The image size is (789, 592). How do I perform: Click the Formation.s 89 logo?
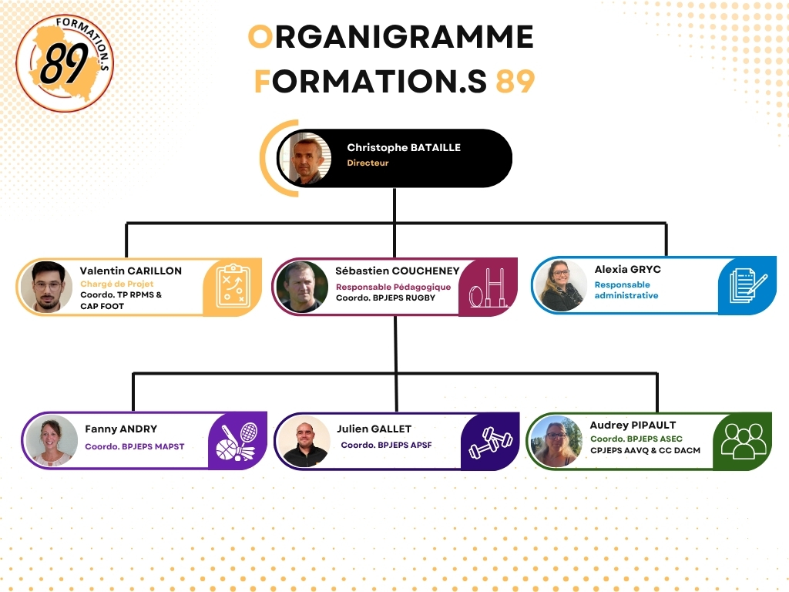(65, 63)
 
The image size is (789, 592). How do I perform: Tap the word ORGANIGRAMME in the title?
(391, 37)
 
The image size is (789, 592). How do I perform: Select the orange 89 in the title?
(515, 81)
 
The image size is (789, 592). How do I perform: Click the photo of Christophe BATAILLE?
(305, 159)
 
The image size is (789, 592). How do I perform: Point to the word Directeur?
(368, 163)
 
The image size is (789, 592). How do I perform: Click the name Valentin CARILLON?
(131, 271)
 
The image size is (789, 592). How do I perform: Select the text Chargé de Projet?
(117, 284)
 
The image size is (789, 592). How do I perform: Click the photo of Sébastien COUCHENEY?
(302, 287)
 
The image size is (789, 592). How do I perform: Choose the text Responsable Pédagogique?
(394, 287)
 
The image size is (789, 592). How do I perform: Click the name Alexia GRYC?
(628, 269)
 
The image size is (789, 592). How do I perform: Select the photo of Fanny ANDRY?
(52, 441)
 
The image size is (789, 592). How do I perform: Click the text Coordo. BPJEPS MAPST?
(135, 446)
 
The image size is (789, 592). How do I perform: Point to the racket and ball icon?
(237, 442)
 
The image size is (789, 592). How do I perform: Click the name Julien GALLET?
(374, 429)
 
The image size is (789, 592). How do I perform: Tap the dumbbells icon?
(491, 442)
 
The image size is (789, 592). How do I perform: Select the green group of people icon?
(744, 440)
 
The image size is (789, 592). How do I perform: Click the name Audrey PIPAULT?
(633, 425)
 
